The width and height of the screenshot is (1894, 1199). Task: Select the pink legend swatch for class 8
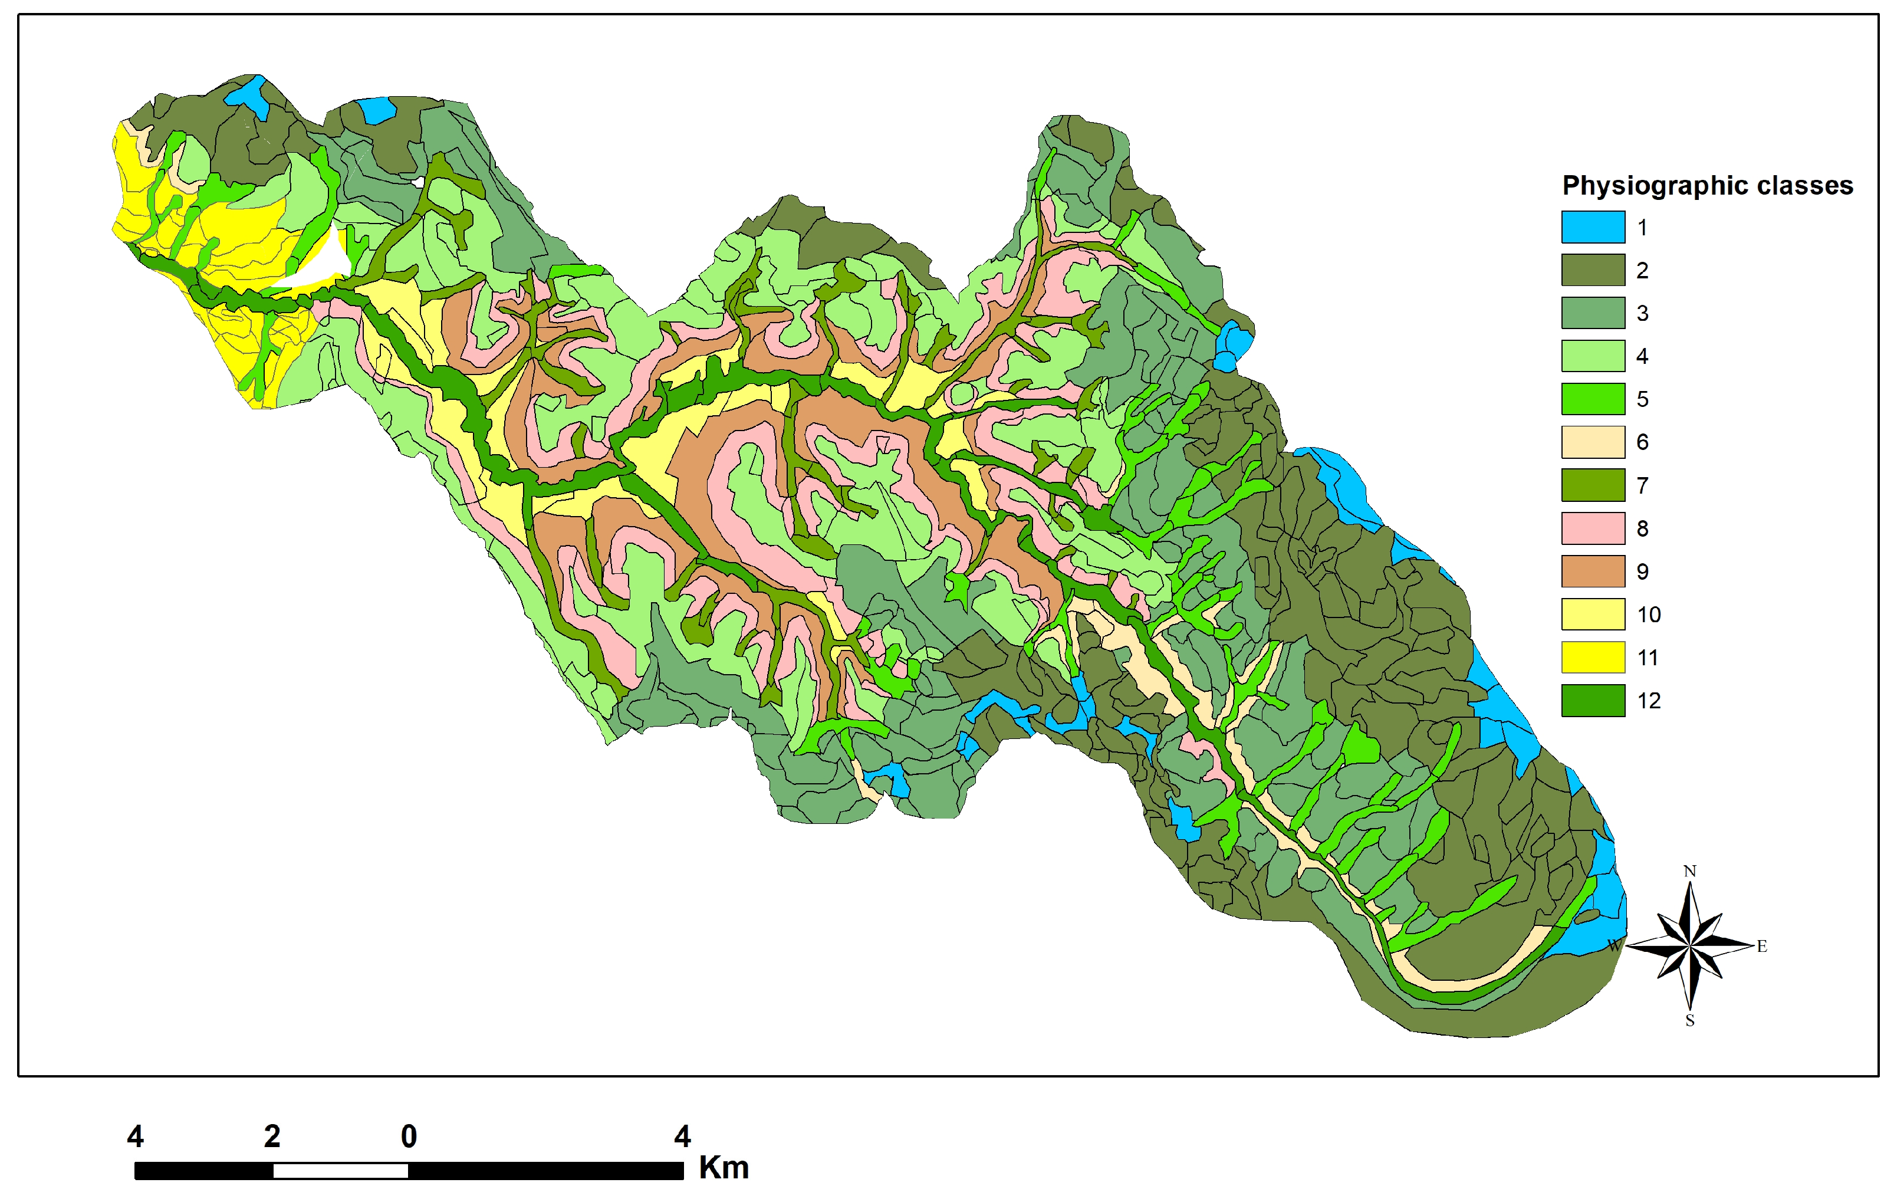point(1592,528)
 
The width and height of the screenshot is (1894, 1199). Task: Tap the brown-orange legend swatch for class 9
point(1592,571)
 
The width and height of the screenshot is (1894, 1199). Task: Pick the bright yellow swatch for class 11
point(1592,657)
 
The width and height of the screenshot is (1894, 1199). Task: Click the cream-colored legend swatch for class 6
point(1592,442)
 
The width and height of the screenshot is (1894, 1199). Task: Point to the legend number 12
point(1649,700)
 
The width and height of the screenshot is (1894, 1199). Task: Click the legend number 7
point(1642,485)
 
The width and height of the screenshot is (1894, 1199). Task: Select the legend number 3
point(1642,313)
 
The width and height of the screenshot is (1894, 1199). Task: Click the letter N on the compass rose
point(1689,871)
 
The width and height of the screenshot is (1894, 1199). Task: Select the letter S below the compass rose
point(1689,1021)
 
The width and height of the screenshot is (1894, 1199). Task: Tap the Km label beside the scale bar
point(724,1168)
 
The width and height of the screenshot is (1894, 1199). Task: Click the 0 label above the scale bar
point(408,1136)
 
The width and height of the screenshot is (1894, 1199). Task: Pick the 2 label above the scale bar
point(272,1136)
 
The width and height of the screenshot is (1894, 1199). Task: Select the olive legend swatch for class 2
point(1592,270)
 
